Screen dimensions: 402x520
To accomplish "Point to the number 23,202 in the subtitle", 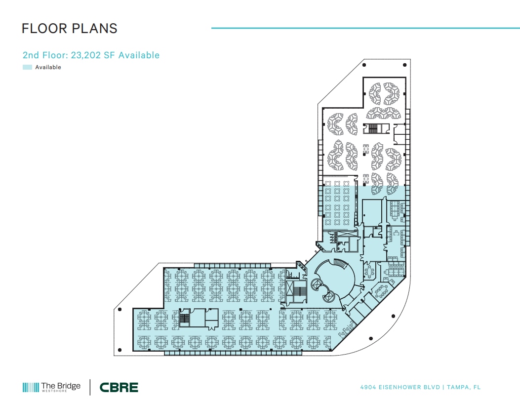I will [86, 55].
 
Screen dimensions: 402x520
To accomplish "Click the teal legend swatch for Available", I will [27, 67].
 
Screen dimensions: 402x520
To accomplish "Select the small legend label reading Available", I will [48, 67].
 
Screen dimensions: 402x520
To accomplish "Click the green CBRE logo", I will [119, 387].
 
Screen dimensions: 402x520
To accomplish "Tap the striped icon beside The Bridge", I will [30, 388].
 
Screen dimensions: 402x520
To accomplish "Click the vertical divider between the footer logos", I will [90, 387].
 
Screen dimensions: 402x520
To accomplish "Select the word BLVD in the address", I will [431, 387].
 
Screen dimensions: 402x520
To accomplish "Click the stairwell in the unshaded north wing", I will [371, 129].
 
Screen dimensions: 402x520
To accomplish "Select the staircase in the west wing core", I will [185, 319].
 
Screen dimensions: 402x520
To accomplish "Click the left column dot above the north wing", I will [364, 65].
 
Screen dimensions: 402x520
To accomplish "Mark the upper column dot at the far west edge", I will [120, 310].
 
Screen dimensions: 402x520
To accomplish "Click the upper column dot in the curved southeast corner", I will [394, 315].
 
